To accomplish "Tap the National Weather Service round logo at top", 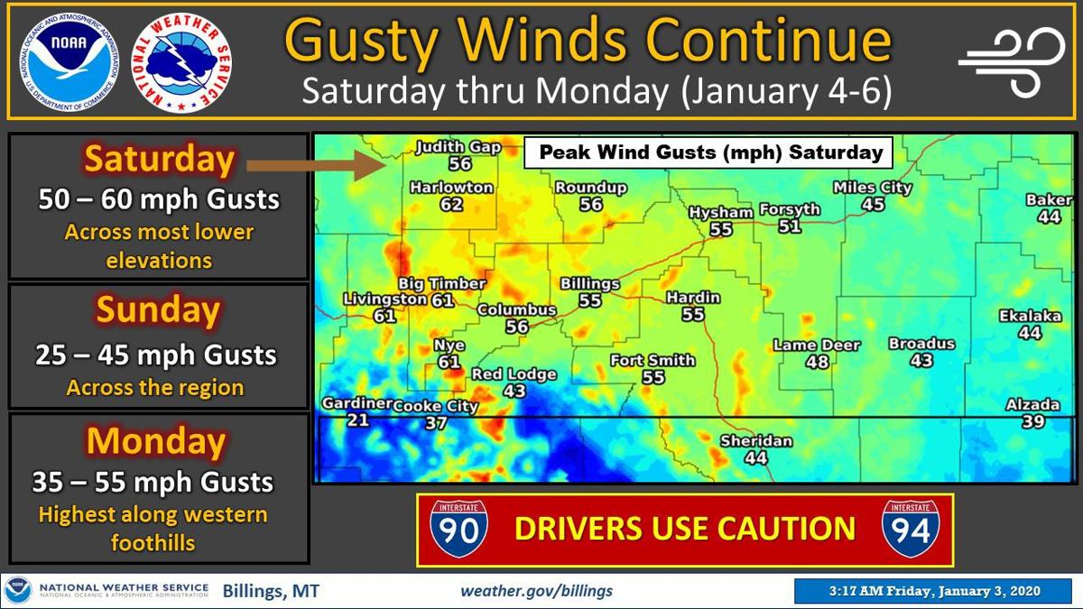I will click(x=182, y=62).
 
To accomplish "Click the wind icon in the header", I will click(x=1012, y=60).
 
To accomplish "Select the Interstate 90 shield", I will click(x=458, y=529).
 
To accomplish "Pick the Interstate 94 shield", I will click(x=910, y=529).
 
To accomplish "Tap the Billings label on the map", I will click(x=590, y=283).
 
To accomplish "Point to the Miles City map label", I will click(x=872, y=188).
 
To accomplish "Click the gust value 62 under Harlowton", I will click(x=451, y=205).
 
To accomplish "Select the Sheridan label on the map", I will click(x=756, y=441).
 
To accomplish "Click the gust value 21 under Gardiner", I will click(x=358, y=421).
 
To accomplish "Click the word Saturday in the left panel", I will click(x=160, y=160).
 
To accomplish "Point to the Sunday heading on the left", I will click(x=158, y=310).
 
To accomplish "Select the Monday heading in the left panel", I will click(x=155, y=441).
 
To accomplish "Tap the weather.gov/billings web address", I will click(x=536, y=591).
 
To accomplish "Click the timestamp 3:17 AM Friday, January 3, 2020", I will click(x=934, y=591).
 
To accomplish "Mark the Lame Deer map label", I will click(x=817, y=346).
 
